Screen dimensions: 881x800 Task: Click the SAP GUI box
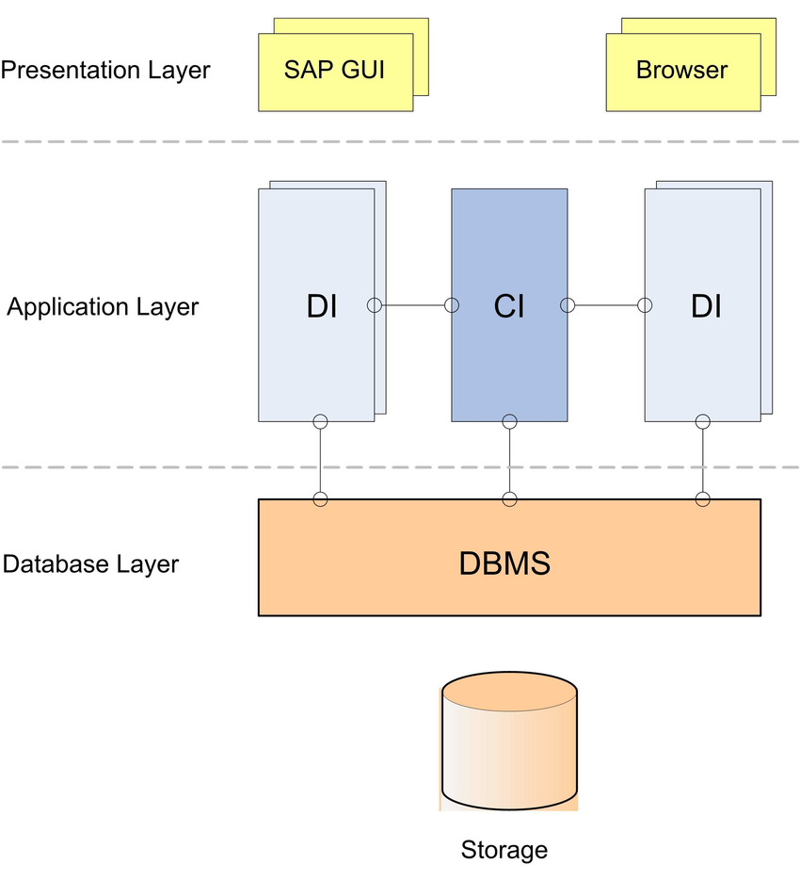[335, 72]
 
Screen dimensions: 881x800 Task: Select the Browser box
[682, 72]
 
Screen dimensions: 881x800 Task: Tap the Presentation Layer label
[105, 70]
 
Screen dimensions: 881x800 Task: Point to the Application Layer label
[103, 307]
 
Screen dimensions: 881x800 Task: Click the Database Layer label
[90, 564]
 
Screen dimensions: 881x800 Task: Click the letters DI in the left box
[322, 306]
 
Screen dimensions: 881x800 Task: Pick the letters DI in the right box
[706, 306]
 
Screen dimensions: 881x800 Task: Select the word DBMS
[504, 563]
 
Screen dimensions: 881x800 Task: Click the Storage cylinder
[508, 744]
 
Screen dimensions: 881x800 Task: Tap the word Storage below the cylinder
[504, 851]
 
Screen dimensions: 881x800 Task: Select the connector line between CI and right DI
[606, 305]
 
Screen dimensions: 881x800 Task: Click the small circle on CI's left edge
[452, 305]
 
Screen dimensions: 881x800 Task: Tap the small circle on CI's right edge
[568, 305]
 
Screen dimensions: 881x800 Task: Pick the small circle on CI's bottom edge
[509, 421]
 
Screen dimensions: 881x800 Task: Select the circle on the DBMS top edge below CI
[509, 498]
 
